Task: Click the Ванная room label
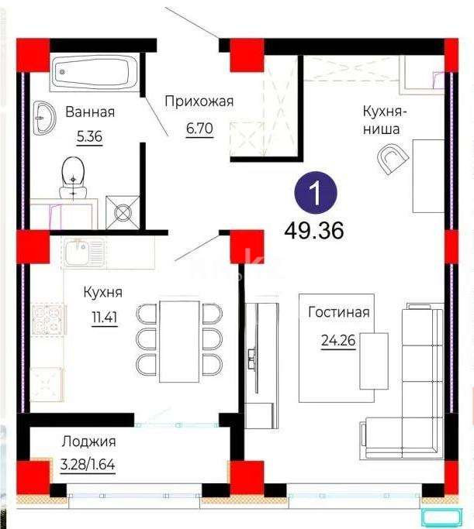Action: (90, 112)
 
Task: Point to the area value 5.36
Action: (90, 138)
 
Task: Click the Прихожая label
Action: (199, 101)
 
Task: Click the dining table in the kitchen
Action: (179, 339)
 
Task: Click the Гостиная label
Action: (338, 313)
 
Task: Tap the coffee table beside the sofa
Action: (373, 361)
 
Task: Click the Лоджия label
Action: (89, 442)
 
